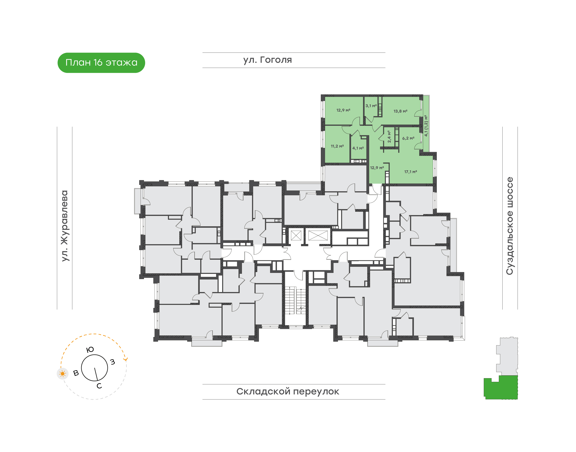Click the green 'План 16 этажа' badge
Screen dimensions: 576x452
pyautogui.click(x=101, y=63)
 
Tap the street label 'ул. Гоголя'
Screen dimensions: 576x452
pyautogui.click(x=267, y=60)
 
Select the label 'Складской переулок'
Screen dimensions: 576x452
pyautogui.click(x=288, y=391)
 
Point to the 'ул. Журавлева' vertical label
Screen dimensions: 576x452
pyautogui.click(x=65, y=226)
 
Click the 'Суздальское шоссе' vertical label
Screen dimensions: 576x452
pyautogui.click(x=510, y=226)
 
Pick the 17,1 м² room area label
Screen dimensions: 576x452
pyautogui.click(x=411, y=172)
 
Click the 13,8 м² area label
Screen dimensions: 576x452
pyautogui.click(x=400, y=111)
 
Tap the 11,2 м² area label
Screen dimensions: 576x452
pyautogui.click(x=337, y=146)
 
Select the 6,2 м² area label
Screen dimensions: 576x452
pyautogui.click(x=408, y=138)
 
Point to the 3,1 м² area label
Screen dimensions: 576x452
pyautogui.click(x=371, y=106)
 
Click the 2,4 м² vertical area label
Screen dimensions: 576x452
pyautogui.click(x=389, y=137)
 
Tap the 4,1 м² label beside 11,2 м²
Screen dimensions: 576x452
pyautogui.click(x=358, y=148)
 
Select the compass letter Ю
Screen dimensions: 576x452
pyautogui.click(x=90, y=350)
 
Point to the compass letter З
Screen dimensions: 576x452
pyautogui.click(x=113, y=362)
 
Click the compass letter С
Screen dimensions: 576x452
pyautogui.click(x=99, y=386)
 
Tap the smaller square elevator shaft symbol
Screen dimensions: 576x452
pyautogui.click(x=296, y=235)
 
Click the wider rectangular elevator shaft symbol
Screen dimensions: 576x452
pyautogui.click(x=318, y=235)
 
